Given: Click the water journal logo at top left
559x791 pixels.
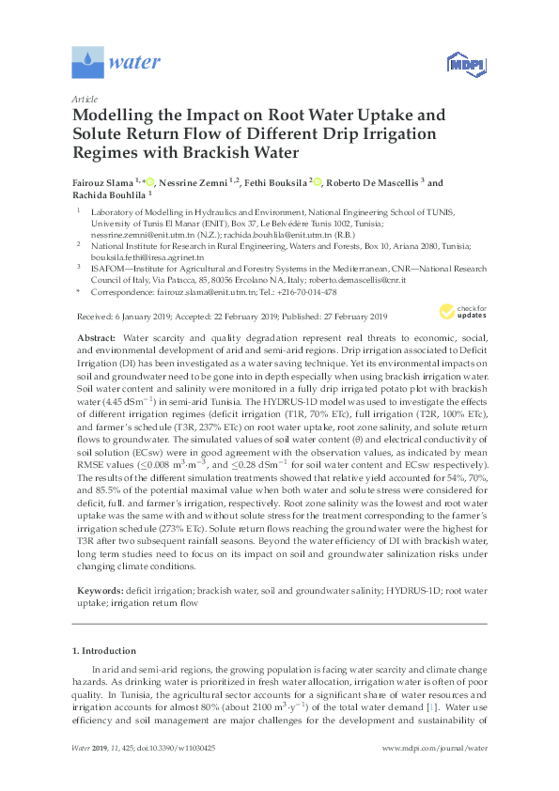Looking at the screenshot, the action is point(116,63).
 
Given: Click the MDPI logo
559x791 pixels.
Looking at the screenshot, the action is point(463,64).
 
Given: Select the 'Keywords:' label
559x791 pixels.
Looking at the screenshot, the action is point(99,589).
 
